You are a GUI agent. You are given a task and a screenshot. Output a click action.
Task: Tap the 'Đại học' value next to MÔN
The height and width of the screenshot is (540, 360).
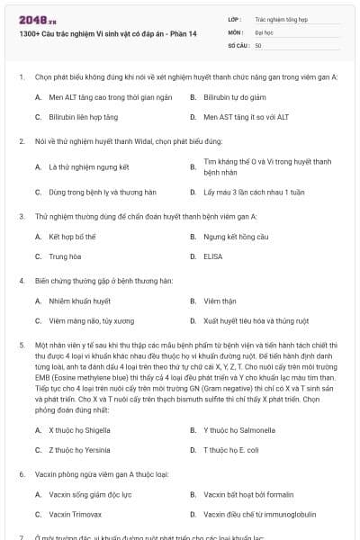coord(264,31)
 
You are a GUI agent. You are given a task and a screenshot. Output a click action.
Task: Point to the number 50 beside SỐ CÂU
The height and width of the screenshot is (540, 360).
coord(258,44)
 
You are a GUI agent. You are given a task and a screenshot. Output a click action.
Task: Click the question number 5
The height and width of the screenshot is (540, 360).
coord(20,345)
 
